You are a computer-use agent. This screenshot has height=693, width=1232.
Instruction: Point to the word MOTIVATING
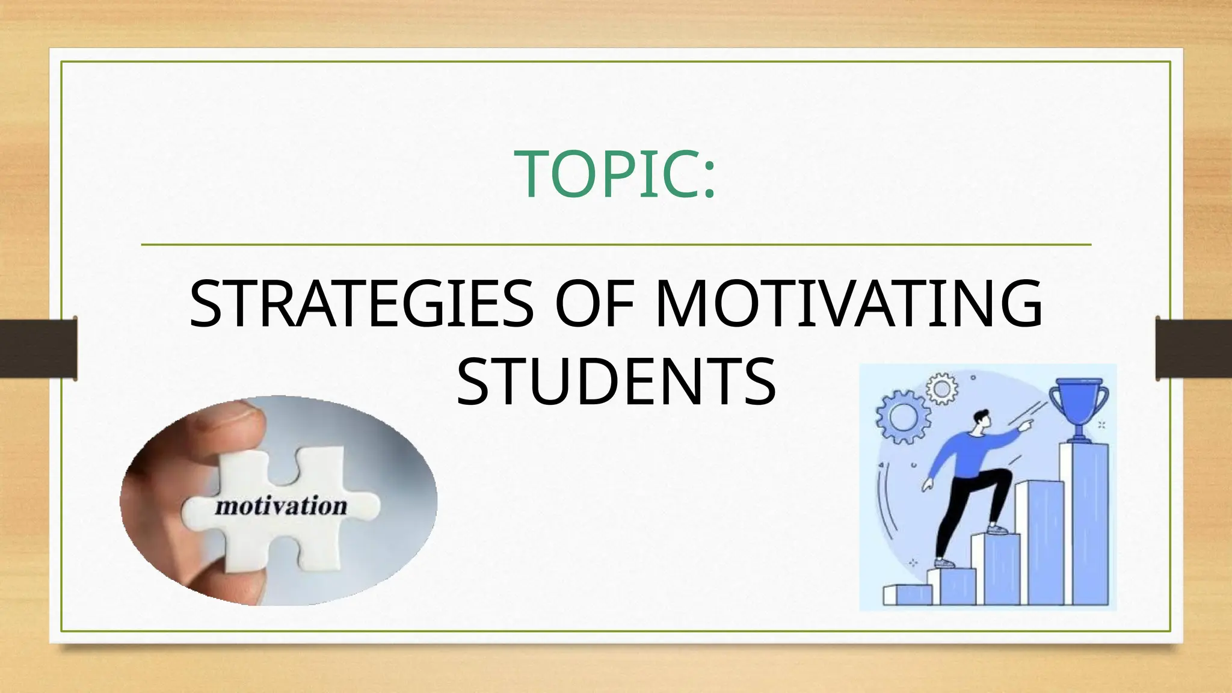[x=848, y=304]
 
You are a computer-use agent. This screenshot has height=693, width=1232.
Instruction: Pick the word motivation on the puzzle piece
[x=281, y=506]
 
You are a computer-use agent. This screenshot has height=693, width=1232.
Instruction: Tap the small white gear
[x=941, y=389]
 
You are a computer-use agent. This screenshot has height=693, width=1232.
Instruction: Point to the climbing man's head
[x=981, y=421]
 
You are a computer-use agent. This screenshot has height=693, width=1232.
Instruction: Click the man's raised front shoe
[x=997, y=529]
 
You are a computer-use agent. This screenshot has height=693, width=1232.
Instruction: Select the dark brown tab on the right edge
[x=1193, y=348]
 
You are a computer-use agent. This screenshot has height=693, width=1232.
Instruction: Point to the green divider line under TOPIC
[x=616, y=245]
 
